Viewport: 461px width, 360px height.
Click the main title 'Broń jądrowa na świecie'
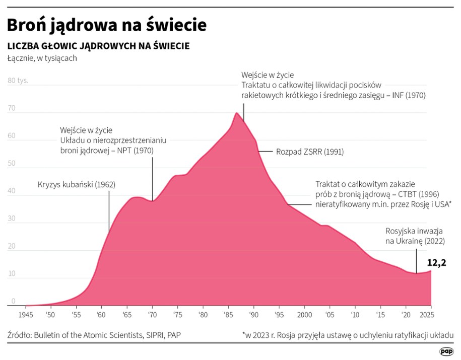tap(107, 25)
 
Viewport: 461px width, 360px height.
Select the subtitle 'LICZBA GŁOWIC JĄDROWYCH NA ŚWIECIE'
tap(98, 46)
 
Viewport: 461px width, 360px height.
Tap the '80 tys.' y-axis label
tap(18, 81)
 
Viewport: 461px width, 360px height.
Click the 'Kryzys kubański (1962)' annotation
tap(77, 184)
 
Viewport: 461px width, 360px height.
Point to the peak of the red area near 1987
tap(236, 113)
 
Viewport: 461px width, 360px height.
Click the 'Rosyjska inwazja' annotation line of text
tap(414, 231)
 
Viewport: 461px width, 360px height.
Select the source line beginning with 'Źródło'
tap(94, 335)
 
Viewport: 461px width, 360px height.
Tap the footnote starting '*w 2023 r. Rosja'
tap(348, 335)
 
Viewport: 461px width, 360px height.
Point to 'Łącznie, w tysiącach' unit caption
tap(42, 58)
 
